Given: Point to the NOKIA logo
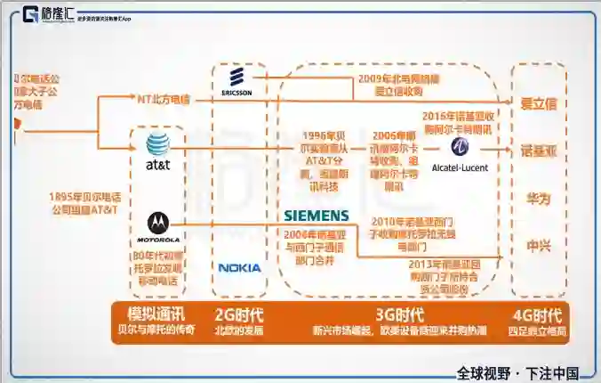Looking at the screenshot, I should point(240,267).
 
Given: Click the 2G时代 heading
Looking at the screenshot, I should point(239,314).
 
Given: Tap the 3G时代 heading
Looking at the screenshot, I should point(398,314).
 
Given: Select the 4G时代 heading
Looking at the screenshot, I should point(537,314).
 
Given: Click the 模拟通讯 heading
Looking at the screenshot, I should point(156,314).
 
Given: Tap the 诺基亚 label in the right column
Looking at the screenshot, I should point(539,151).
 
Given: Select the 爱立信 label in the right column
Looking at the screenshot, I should point(539,104).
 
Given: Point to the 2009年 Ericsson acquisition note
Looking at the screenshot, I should point(388,85).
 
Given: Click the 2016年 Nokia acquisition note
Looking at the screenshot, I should point(456,122).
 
